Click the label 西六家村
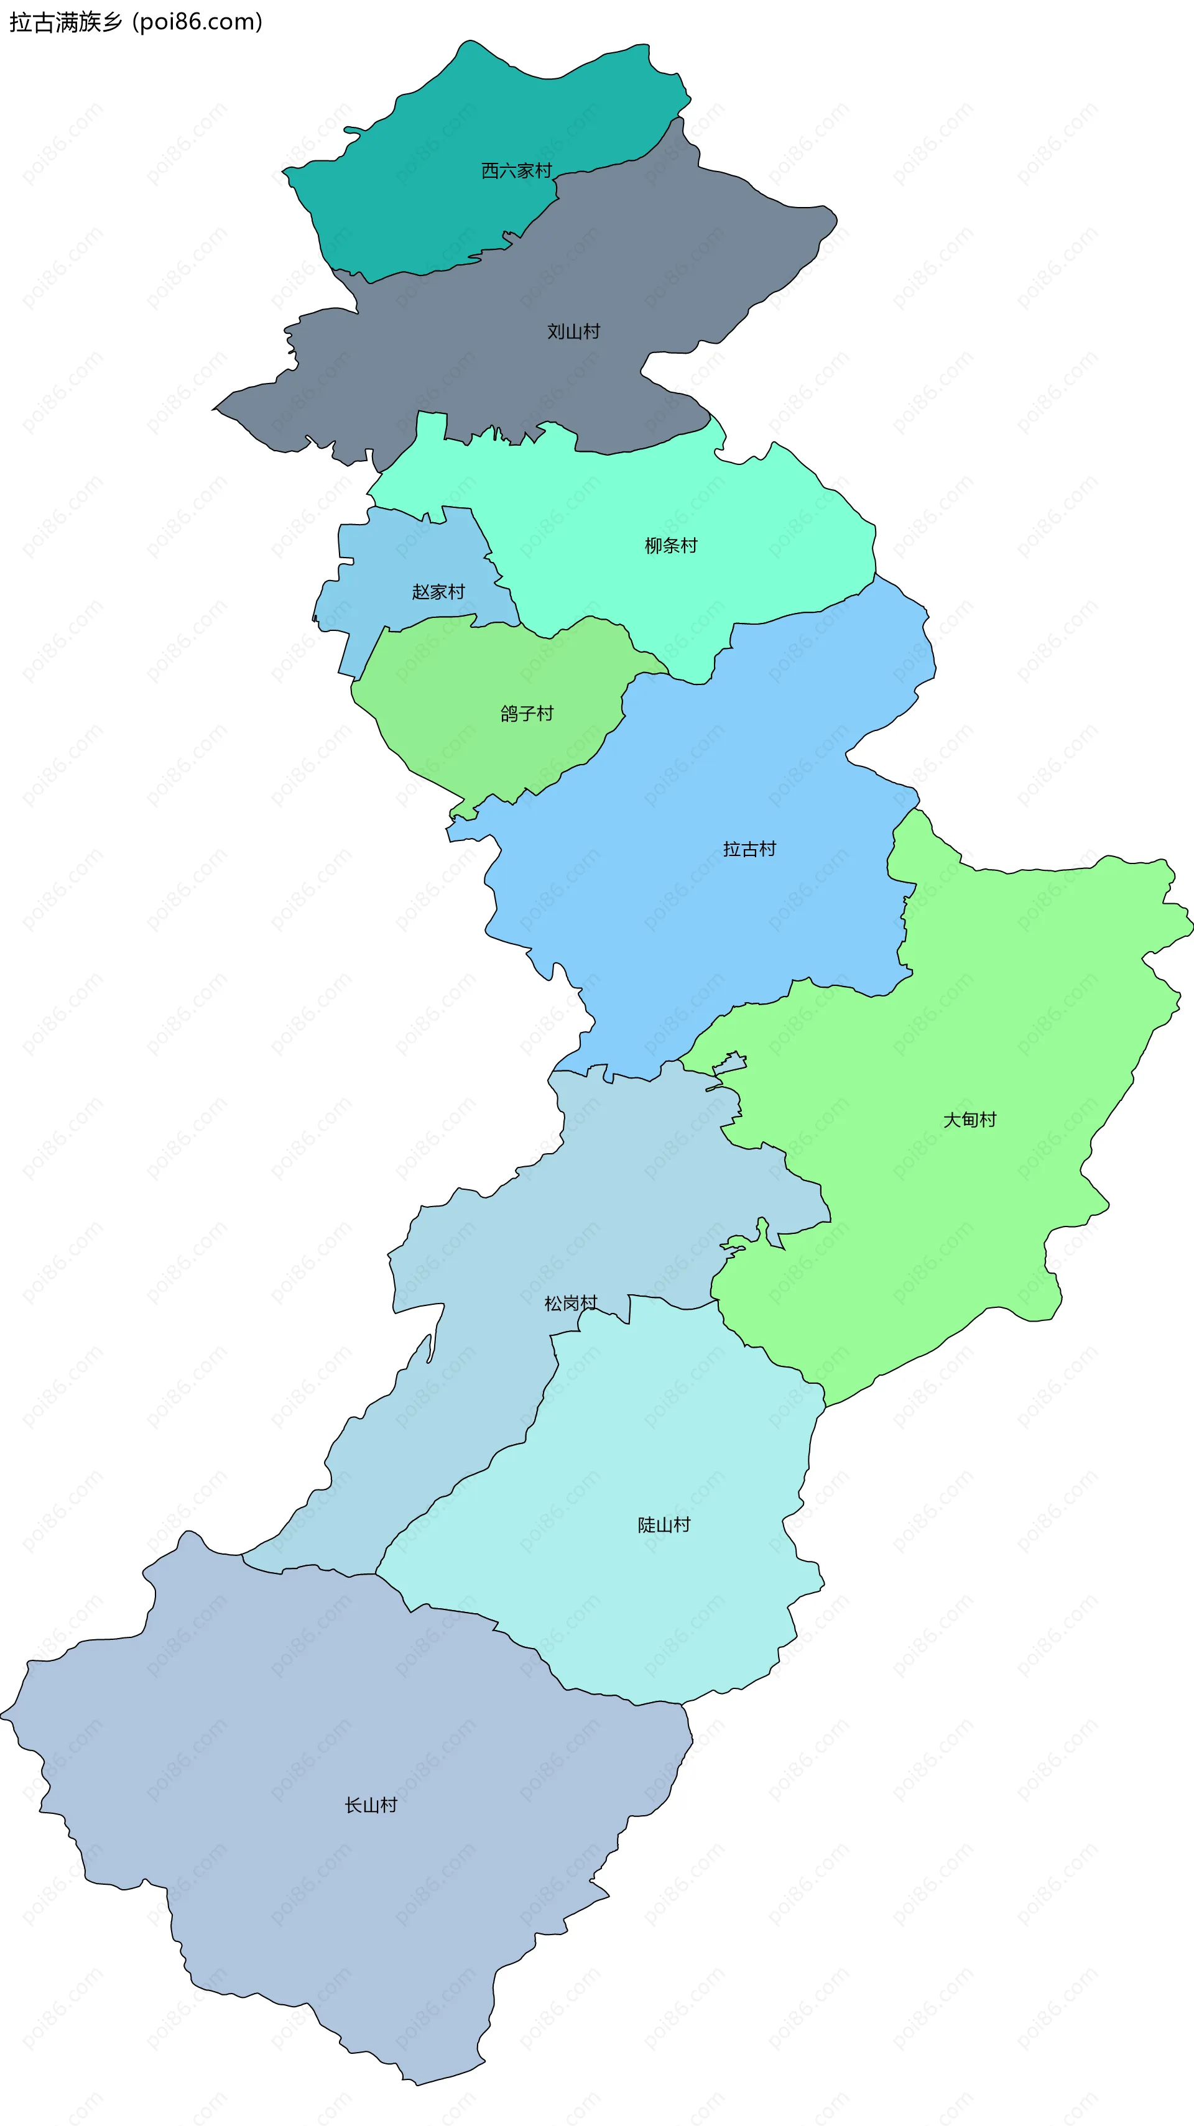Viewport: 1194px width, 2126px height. pos(516,171)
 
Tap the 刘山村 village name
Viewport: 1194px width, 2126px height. pos(573,332)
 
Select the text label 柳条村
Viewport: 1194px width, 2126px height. pos(670,546)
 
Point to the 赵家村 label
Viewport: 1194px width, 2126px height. pos(438,592)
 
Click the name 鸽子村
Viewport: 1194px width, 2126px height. pos(526,714)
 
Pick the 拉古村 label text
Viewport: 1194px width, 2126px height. pos(749,849)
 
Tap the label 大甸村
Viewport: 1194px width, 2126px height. pos(970,1120)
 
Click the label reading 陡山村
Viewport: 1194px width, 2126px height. pos(663,1525)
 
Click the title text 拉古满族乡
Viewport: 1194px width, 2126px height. pos(65,22)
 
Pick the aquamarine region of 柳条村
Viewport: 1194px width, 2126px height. pos(743,578)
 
